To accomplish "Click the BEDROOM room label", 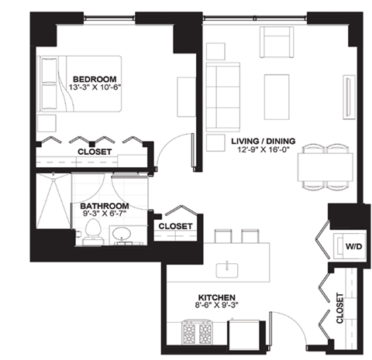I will pyautogui.click(x=95, y=79).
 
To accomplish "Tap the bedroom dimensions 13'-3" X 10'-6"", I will pyautogui.click(x=95, y=88).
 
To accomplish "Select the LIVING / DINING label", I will pyautogui.click(x=261, y=140).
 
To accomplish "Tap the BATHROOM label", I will pyautogui.click(x=104, y=207).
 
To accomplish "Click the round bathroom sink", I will pyautogui.click(x=121, y=234).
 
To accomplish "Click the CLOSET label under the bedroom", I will pyautogui.click(x=95, y=152).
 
